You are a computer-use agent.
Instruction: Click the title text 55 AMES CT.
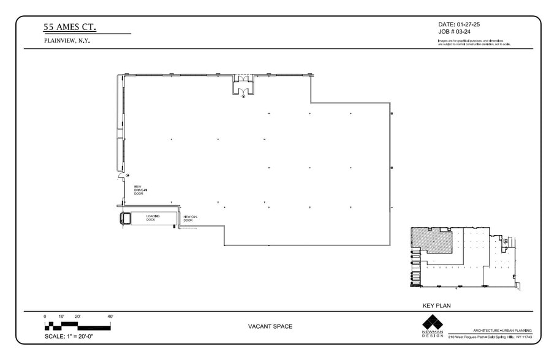pos(69,27)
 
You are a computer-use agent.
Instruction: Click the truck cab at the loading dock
pos(126,218)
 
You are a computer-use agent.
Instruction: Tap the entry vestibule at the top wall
pos(243,85)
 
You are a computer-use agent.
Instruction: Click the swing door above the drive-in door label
pos(122,178)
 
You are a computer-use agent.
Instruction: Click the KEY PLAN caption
pos(437,306)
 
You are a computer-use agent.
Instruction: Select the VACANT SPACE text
pos(270,326)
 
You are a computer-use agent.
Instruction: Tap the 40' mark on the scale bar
pos(110,317)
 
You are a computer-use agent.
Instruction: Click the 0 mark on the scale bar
pos(45,317)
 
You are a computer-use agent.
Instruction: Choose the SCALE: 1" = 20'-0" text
pos(69,336)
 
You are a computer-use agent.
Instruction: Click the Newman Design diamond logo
pos(432,322)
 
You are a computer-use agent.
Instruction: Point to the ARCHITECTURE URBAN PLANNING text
pos(502,330)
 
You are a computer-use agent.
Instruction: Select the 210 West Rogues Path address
pos(490,337)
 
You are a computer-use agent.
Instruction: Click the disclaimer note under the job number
pos(474,42)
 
